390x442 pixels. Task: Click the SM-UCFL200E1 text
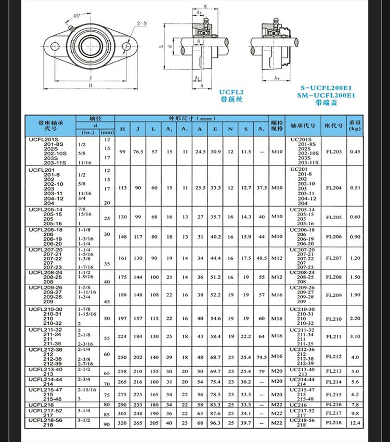coord(328,95)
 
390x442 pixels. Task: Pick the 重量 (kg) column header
coord(355,125)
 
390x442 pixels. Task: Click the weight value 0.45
coord(355,151)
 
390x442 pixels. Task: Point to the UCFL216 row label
coord(42,404)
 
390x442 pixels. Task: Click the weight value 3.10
coord(355,336)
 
